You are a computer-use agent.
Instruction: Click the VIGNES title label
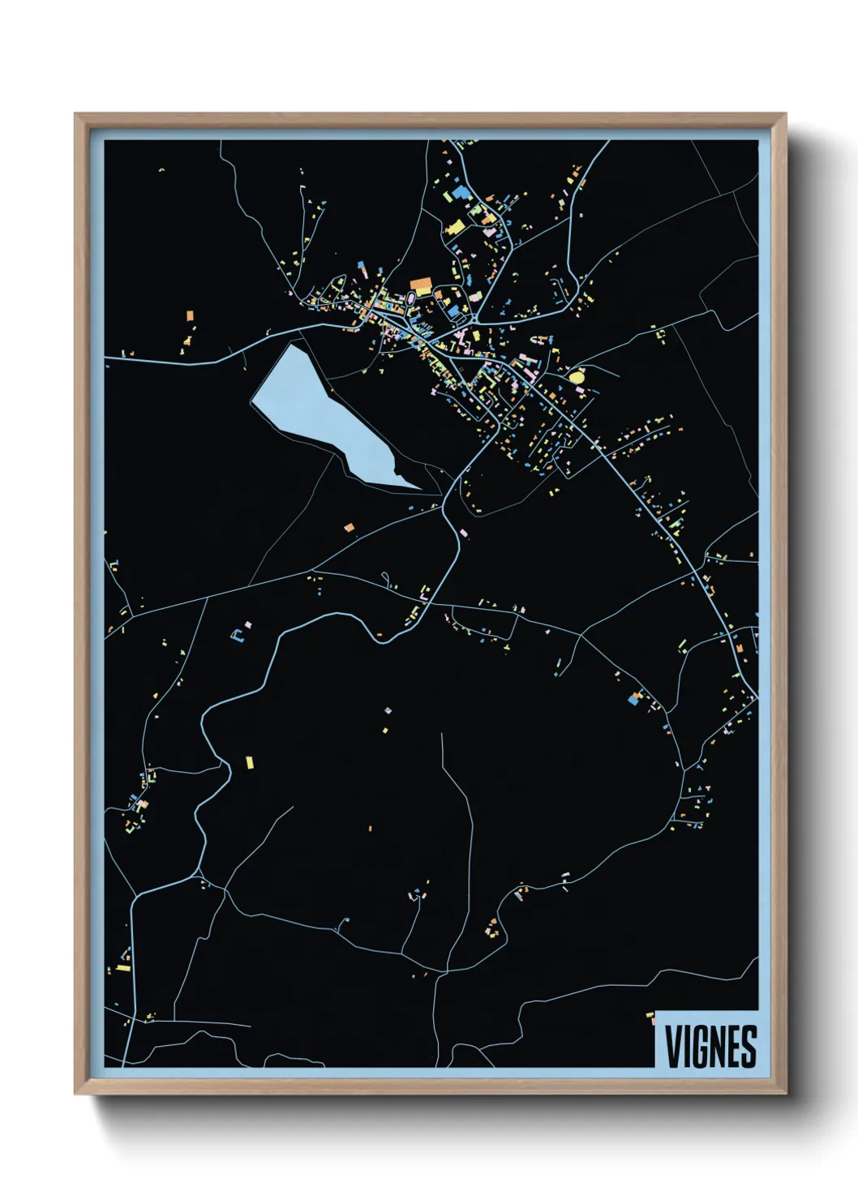710,1046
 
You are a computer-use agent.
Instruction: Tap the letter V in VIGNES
673,1047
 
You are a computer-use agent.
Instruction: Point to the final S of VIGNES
749,1047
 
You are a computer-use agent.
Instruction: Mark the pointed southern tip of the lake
421,489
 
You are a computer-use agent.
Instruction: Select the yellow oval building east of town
577,377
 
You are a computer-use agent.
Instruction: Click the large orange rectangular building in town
421,285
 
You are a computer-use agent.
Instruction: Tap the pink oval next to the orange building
410,298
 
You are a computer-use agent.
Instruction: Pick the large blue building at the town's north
461,193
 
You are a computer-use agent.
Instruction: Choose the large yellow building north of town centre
456,227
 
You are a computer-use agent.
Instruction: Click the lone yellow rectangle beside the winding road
250,762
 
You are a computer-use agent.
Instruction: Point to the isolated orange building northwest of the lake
190,315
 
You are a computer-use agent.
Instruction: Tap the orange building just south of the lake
350,528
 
